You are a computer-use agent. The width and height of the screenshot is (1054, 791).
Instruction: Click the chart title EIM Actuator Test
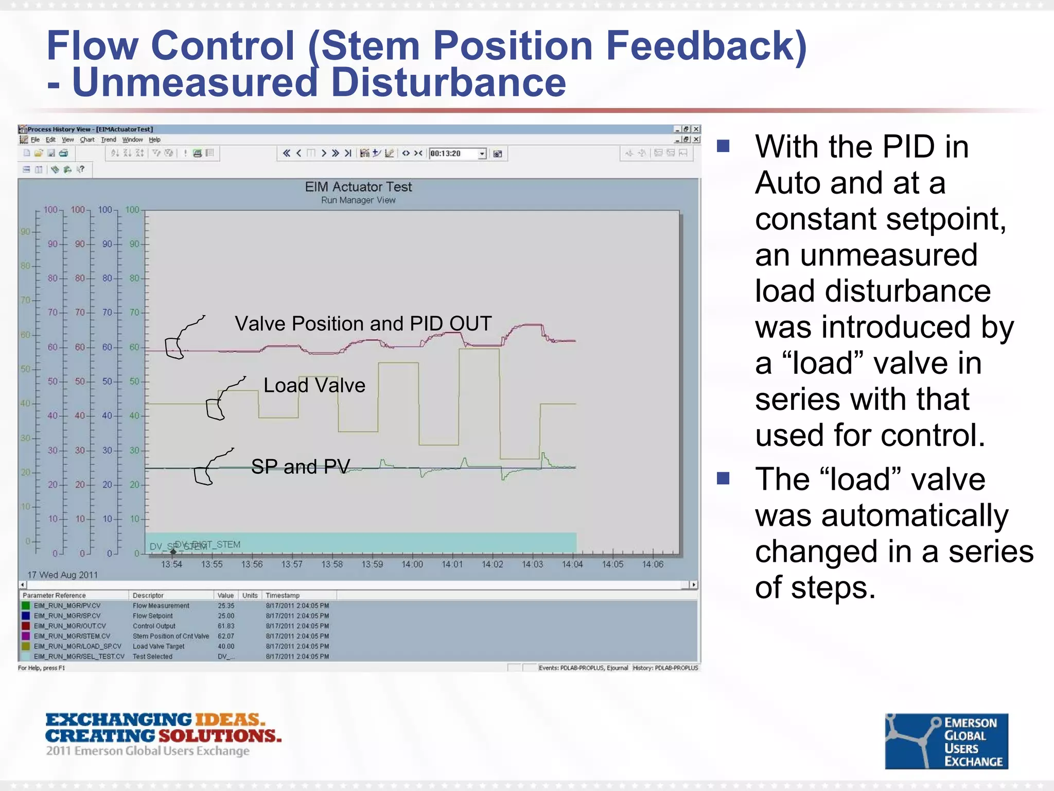tap(358, 186)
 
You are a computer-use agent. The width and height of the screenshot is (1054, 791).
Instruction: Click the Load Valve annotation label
tap(314, 385)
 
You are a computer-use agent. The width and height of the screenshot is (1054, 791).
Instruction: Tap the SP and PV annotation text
tap(301, 467)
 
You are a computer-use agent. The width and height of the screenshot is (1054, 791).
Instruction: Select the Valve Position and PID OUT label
tap(363, 323)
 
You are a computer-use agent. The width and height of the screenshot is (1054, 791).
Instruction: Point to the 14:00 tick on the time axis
tap(412, 564)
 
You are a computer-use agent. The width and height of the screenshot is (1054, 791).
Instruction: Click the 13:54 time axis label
tap(171, 564)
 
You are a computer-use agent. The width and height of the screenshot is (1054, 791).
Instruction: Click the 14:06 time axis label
tap(653, 564)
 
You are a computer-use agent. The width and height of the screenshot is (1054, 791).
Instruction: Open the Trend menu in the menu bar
tap(109, 140)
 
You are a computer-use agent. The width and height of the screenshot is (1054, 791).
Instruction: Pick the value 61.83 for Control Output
tap(225, 626)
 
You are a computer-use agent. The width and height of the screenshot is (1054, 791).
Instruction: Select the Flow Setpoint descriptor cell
tap(153, 616)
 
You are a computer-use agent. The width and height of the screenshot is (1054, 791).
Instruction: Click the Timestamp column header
tap(283, 595)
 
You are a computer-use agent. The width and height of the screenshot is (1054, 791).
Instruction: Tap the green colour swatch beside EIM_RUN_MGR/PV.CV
tap(26, 606)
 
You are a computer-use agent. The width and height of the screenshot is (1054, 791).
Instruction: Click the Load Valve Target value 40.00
tap(225, 646)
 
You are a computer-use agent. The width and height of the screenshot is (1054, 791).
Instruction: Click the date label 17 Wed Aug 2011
tap(62, 575)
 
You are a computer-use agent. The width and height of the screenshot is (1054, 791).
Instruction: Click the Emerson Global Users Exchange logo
tap(946, 741)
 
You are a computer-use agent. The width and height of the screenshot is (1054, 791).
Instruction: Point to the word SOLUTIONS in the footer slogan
tap(220, 736)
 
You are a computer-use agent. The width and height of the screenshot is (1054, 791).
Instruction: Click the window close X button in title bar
tap(696, 129)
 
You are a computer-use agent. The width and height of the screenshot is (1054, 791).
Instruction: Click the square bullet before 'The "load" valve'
tap(723, 479)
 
